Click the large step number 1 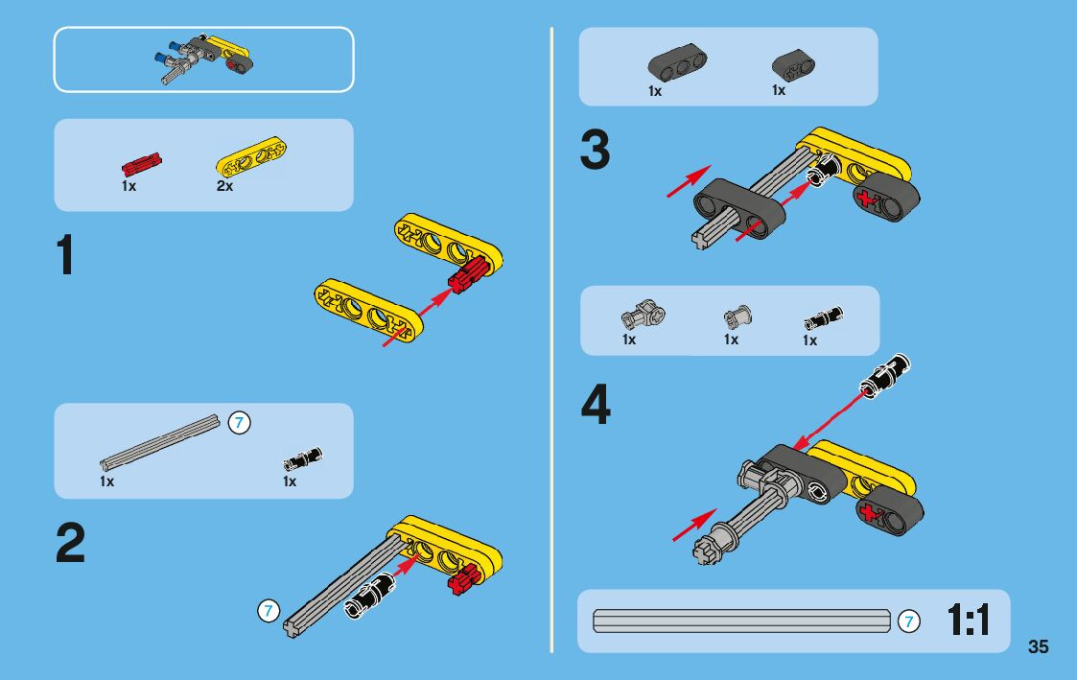click(x=65, y=254)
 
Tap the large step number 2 click(x=70, y=542)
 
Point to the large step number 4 click(x=596, y=405)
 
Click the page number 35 click(x=1038, y=646)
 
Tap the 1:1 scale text click(x=969, y=621)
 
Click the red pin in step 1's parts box click(x=142, y=164)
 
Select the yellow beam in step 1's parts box click(x=251, y=157)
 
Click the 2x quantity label click(x=224, y=186)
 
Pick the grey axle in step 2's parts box click(x=160, y=442)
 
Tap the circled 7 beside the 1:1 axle click(x=909, y=621)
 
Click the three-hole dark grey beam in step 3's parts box click(x=678, y=64)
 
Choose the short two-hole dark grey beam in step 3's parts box click(x=793, y=65)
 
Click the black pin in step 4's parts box click(x=823, y=318)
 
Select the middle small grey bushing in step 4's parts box click(x=738, y=317)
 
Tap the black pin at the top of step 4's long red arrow click(x=887, y=375)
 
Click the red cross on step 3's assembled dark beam click(x=868, y=199)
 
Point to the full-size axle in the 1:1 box click(x=741, y=621)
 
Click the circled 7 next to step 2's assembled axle click(x=269, y=611)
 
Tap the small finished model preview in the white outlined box click(x=203, y=59)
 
